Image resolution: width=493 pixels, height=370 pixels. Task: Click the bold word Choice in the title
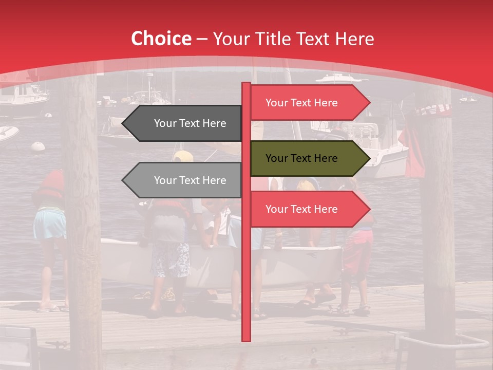tap(161, 39)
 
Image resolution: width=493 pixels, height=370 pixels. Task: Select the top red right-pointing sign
tap(303, 103)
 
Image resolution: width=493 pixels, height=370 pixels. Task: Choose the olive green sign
tap(303, 158)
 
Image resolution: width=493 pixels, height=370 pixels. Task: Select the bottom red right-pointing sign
tap(303, 209)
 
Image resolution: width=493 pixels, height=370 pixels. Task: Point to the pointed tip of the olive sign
tap(368, 158)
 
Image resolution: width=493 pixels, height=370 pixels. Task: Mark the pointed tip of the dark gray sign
tap(124, 123)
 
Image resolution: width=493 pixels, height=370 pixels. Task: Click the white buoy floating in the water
tap(38, 146)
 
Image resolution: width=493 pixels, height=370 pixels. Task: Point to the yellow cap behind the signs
tap(183, 156)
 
